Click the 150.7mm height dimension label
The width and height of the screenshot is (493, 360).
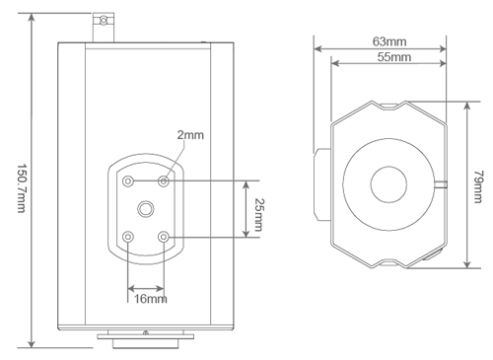(x=21, y=188)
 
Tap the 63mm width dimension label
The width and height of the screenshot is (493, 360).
(x=389, y=41)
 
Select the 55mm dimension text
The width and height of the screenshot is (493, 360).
(x=394, y=57)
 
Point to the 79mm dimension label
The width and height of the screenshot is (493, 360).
(x=478, y=186)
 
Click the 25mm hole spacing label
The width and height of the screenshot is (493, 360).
(x=259, y=215)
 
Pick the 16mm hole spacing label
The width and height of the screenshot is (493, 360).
(x=150, y=299)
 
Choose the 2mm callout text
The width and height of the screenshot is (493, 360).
(x=190, y=135)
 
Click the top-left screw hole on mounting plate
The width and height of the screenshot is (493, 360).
(x=128, y=180)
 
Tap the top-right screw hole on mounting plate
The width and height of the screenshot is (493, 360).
(x=164, y=180)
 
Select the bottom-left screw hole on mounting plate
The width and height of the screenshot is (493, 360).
(x=128, y=237)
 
